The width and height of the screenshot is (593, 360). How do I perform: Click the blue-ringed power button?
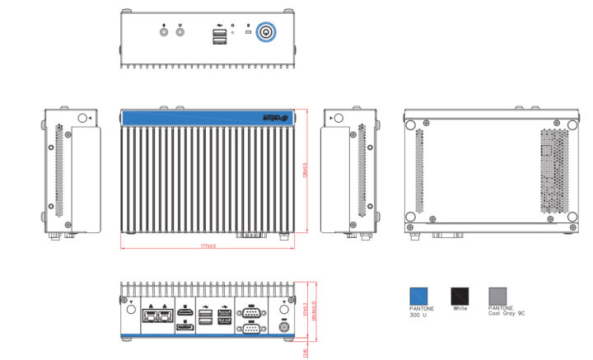(x=266, y=33)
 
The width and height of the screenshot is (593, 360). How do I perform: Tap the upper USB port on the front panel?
(x=220, y=34)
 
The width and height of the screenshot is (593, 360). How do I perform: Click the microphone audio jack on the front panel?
(x=163, y=34)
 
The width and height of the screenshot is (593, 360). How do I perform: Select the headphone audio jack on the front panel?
(x=180, y=34)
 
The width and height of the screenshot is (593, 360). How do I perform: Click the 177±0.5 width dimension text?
(x=207, y=245)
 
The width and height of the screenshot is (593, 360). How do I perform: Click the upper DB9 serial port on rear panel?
(x=249, y=312)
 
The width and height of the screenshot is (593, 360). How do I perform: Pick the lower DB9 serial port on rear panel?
(x=249, y=328)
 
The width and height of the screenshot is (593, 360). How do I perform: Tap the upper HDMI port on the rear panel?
(x=187, y=312)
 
